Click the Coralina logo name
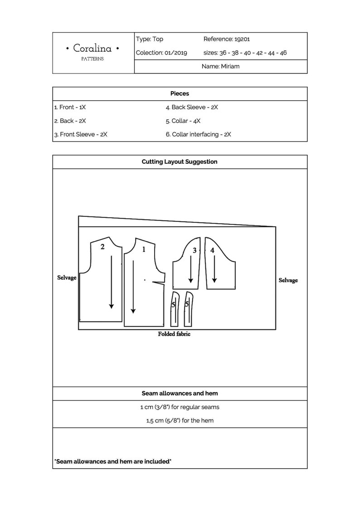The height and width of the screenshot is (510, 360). (x=93, y=48)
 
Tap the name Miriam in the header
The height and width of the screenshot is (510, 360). (x=230, y=66)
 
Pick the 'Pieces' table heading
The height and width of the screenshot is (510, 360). (x=180, y=93)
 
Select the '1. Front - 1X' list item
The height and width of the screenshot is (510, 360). (x=70, y=108)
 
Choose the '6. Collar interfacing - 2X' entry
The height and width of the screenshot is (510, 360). (x=198, y=135)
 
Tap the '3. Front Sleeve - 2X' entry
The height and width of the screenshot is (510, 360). (x=81, y=135)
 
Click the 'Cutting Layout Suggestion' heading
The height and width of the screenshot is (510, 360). (x=180, y=162)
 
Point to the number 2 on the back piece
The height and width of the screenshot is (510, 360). (x=102, y=246)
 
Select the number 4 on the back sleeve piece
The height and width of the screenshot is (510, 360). (x=212, y=250)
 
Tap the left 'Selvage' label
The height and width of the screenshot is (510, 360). (x=67, y=277)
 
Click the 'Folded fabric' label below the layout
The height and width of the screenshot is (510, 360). (x=174, y=334)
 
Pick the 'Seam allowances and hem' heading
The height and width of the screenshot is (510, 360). (x=180, y=393)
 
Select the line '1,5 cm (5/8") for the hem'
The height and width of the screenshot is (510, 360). (x=180, y=421)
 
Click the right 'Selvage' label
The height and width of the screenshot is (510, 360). (x=288, y=280)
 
